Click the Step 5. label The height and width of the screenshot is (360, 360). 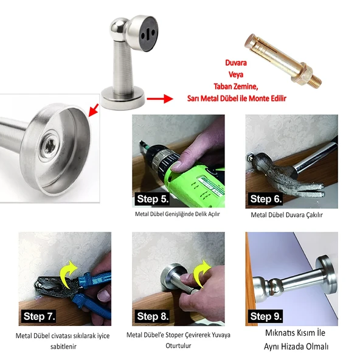[x=152, y=199]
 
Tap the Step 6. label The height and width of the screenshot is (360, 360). [x=266, y=199]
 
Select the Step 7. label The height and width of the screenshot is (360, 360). [x=39, y=316]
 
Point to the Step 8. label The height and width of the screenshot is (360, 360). [x=153, y=316]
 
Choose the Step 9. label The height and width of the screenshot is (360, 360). [x=266, y=316]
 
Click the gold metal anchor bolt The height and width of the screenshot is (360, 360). [x=283, y=61]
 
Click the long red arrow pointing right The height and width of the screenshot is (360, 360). [x=160, y=99]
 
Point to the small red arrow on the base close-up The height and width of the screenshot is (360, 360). [x=94, y=110]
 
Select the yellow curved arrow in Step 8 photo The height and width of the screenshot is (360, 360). [x=200, y=272]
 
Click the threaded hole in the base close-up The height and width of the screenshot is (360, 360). [x=49, y=145]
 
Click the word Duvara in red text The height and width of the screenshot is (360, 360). [x=236, y=63]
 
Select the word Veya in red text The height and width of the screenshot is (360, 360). [x=236, y=75]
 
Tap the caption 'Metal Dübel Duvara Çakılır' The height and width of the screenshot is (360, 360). [x=287, y=215]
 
